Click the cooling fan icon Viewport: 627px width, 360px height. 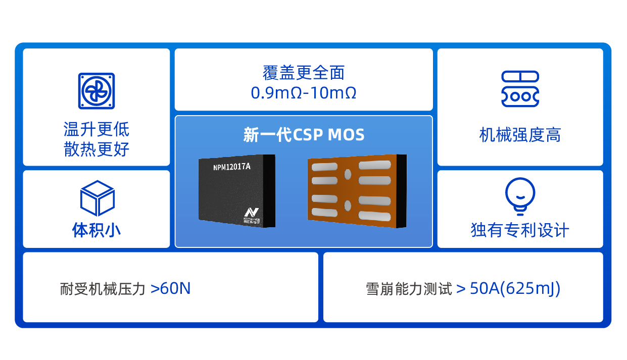pyautogui.click(x=97, y=91)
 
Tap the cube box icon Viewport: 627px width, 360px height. pyautogui.click(x=97, y=198)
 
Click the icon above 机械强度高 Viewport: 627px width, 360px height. pyautogui.click(x=520, y=89)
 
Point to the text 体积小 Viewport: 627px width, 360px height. pyautogui.click(x=97, y=230)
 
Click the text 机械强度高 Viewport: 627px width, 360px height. pyautogui.click(x=520, y=135)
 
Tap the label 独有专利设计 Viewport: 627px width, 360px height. pyautogui.click(x=520, y=230)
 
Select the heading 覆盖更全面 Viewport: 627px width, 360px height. pyautogui.click(x=304, y=73)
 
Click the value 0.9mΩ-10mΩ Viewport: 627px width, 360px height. pyautogui.click(x=304, y=93)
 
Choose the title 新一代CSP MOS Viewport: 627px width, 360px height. pyautogui.click(x=304, y=135)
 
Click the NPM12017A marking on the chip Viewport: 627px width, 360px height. pyautogui.click(x=231, y=166)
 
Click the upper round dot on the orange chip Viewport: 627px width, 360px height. pyautogui.click(x=348, y=174)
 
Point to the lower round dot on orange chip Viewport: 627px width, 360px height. pyautogui.click(x=348, y=205)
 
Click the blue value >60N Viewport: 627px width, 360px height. pyautogui.click(x=171, y=289)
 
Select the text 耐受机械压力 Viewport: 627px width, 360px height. pyautogui.click(x=103, y=289)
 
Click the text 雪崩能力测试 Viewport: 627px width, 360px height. pyautogui.click(x=409, y=289)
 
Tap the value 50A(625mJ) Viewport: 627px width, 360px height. pyautogui.click(x=515, y=289)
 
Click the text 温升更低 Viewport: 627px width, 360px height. pyautogui.click(x=97, y=130)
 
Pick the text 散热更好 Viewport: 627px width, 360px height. pyautogui.click(x=97, y=149)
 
